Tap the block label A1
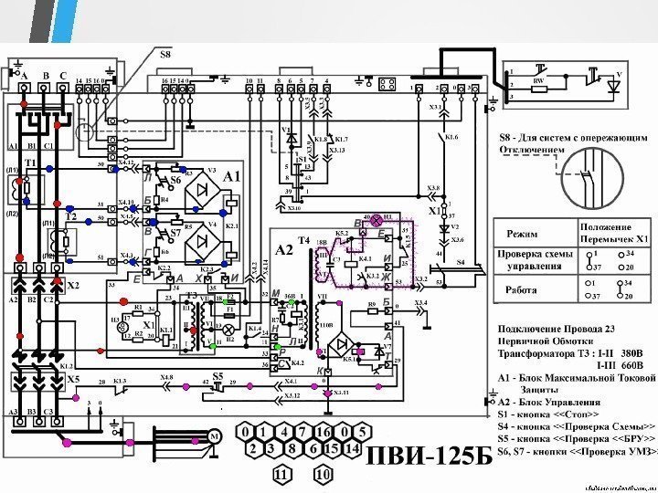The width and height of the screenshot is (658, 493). click(x=233, y=174)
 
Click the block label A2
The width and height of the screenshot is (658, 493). click(x=283, y=247)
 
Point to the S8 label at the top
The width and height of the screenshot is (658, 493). click(x=165, y=56)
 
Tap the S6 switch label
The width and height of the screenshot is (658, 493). click(x=175, y=181)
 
